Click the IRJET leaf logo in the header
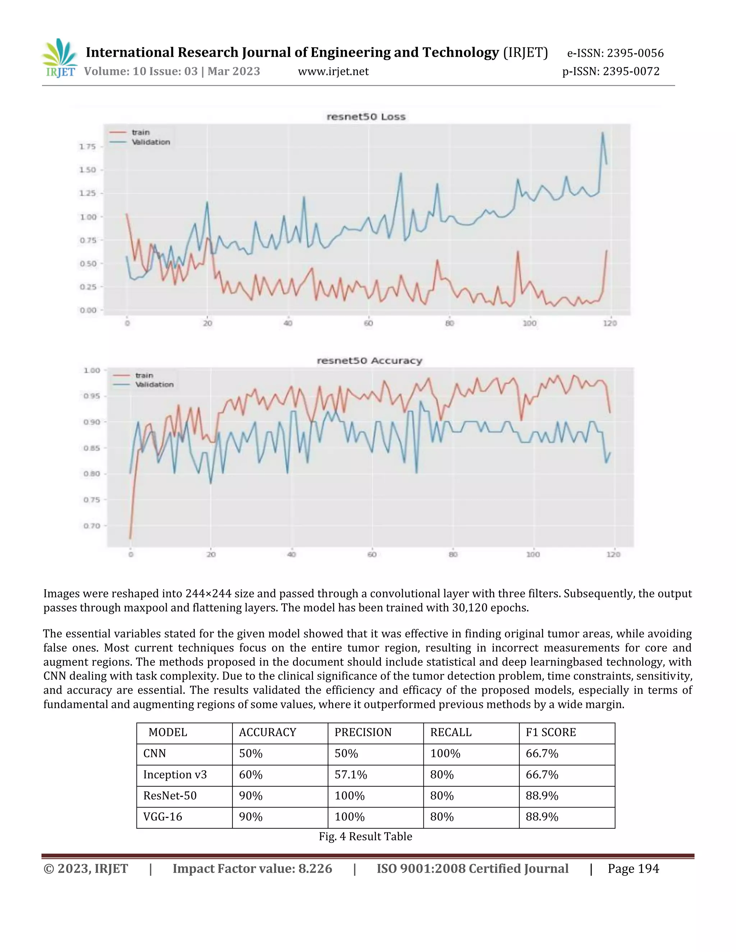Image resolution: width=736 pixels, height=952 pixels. pos(60,58)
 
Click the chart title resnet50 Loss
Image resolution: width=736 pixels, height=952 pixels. pos(366,117)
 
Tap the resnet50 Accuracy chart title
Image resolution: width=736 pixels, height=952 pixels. pos(369,361)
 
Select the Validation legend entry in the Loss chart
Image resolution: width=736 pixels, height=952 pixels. pos(151,142)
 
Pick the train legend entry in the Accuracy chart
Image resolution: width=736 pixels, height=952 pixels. pos(144,375)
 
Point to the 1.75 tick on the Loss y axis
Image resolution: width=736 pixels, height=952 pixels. pos(87,147)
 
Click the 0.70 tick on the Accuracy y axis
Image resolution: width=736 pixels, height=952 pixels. pos(92,526)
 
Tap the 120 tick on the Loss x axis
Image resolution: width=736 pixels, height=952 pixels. pos(609,323)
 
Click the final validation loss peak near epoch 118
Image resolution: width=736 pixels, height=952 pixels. pos(603,133)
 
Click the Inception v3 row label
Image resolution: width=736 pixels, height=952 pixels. pos(175,775)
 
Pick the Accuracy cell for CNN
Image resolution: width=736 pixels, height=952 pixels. pos(251,754)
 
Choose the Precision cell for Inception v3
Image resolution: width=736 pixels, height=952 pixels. pos(350,775)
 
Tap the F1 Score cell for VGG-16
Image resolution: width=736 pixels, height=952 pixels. pos(542,817)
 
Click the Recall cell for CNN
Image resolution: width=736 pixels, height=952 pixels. pos(445,754)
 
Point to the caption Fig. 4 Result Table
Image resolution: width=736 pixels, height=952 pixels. pos(365,836)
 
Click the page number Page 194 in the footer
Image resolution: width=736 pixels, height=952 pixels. pos(633,869)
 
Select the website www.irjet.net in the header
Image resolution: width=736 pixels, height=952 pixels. pos(333,71)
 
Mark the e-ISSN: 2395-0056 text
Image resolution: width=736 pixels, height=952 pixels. pos(615,53)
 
